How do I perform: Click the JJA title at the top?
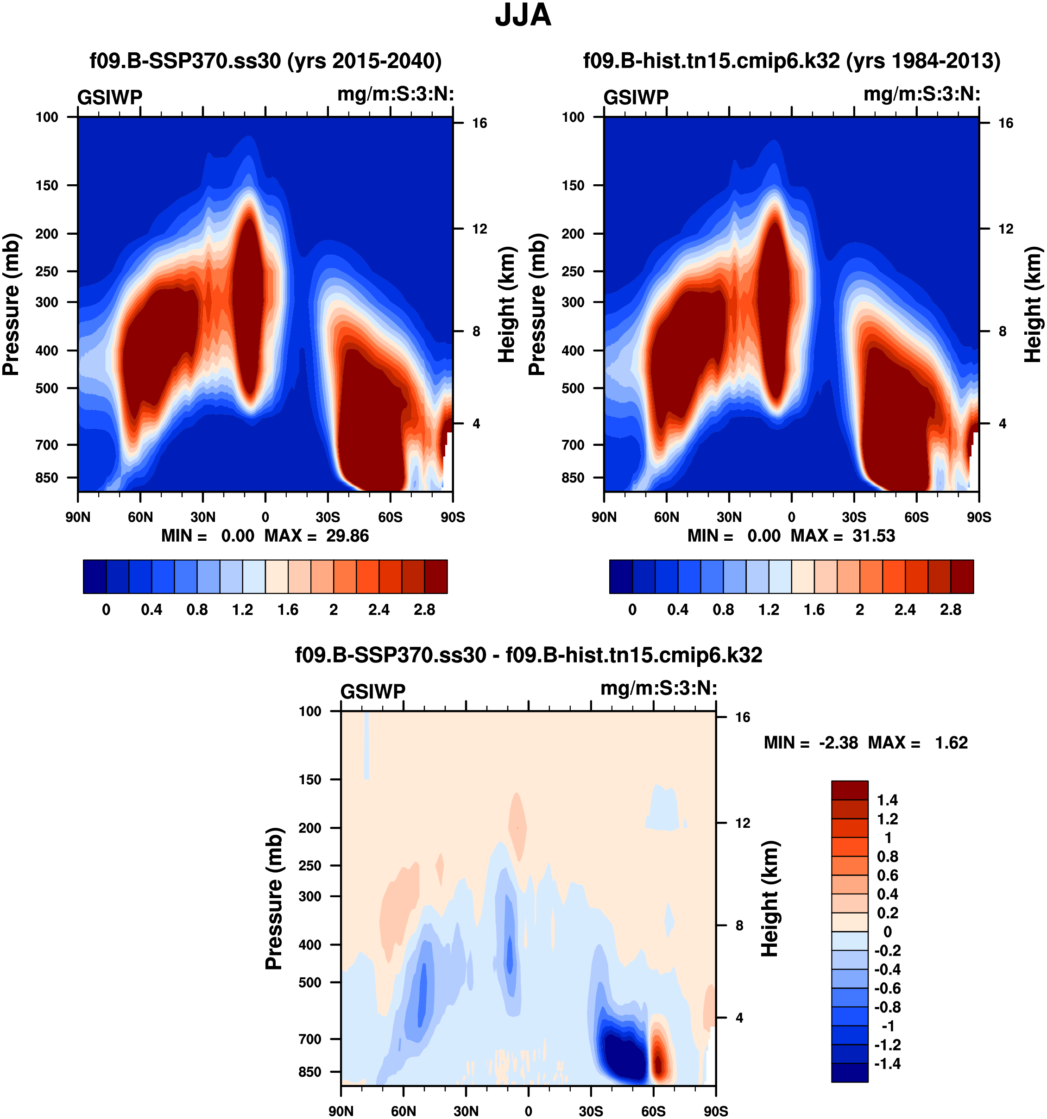coord(523,16)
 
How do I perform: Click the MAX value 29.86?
coord(347,535)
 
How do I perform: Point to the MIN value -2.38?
coord(839,743)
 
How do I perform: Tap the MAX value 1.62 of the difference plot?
coord(951,743)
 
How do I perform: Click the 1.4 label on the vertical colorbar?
coord(887,800)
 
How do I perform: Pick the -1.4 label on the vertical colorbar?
coord(887,1063)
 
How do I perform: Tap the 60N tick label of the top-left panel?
coord(140,517)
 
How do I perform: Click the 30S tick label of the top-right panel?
coord(854,517)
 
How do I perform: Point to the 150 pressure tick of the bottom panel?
coord(310,780)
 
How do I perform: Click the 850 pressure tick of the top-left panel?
coord(47,477)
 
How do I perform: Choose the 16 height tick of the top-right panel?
coord(1005,123)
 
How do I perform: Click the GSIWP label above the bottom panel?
coord(373,691)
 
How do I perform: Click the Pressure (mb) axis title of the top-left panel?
coord(11,304)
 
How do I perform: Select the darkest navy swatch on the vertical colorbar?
coord(849,1072)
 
